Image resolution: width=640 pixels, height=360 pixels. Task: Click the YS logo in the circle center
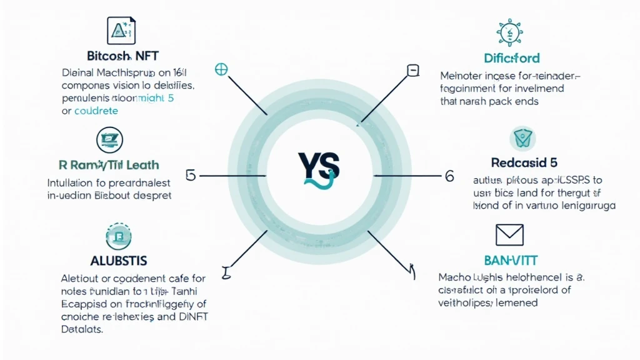pyautogui.click(x=319, y=168)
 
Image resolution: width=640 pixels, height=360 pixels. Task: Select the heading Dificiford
pyautogui.click(x=512, y=58)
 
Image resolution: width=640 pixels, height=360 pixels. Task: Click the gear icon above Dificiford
pyautogui.click(x=510, y=31)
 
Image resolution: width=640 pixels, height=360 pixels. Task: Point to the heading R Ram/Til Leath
pyautogui.click(x=109, y=166)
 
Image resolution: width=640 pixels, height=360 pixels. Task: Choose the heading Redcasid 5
pyautogui.click(x=524, y=162)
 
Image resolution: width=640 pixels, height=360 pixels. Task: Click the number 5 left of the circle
pyautogui.click(x=191, y=175)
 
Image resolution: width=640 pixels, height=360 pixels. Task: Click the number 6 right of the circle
pyautogui.click(x=448, y=176)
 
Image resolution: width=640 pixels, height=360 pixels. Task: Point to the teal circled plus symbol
pyautogui.click(x=221, y=69)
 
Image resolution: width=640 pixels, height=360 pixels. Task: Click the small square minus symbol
pyautogui.click(x=413, y=70)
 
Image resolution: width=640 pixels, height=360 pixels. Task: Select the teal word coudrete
pyautogui.click(x=96, y=111)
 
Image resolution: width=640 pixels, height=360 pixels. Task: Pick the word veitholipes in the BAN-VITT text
pyautogui.click(x=466, y=303)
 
